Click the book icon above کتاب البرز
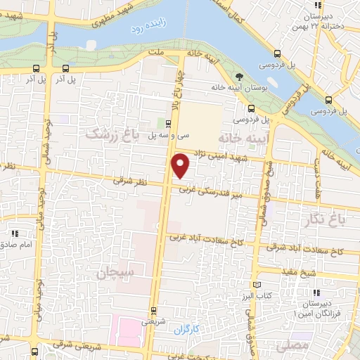tap(256, 284)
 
